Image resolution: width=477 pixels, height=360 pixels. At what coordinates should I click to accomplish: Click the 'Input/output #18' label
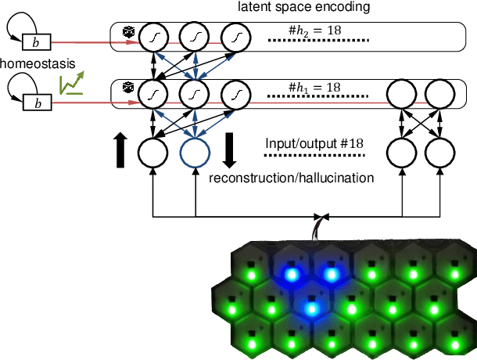314,144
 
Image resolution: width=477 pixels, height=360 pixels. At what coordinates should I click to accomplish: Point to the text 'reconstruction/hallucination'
290,178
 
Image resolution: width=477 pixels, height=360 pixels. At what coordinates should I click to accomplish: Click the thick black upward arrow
120,150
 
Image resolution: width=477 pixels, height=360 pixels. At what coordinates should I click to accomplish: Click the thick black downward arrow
229,150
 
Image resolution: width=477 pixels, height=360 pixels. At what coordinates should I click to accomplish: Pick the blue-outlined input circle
195,151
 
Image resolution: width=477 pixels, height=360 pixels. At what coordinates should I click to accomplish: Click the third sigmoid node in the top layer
235,36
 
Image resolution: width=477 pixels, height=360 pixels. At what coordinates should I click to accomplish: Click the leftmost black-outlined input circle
152,151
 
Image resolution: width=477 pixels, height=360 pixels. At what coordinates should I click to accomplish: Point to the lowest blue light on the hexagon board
311,308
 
